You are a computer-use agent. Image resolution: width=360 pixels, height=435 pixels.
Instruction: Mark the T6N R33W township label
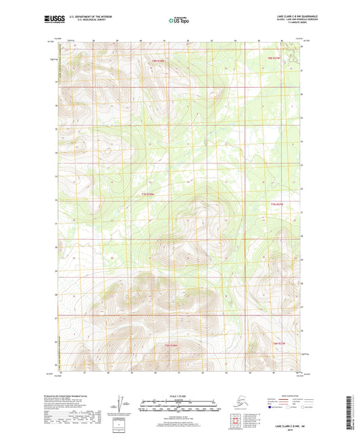(x=170, y=345)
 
